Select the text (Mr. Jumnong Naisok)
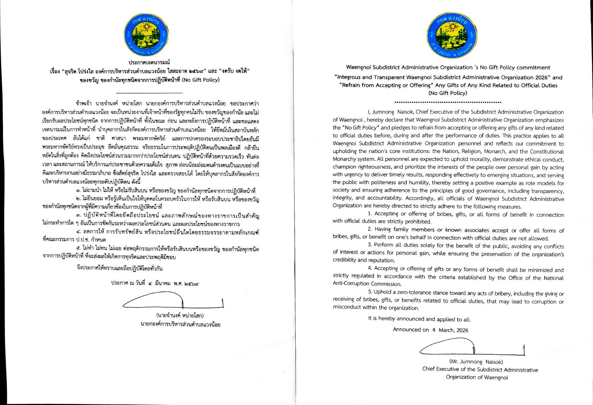click(x=476, y=362)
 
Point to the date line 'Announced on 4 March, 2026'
click(x=430, y=330)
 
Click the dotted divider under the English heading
click(x=448, y=102)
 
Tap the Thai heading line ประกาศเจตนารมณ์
click(x=149, y=62)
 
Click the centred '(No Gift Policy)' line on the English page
click(x=448, y=93)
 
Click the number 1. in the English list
click(x=370, y=214)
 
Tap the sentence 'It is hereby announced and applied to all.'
click(x=419, y=319)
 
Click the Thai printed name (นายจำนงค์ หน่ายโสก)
click(x=180, y=316)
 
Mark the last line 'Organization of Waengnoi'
click(x=477, y=377)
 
